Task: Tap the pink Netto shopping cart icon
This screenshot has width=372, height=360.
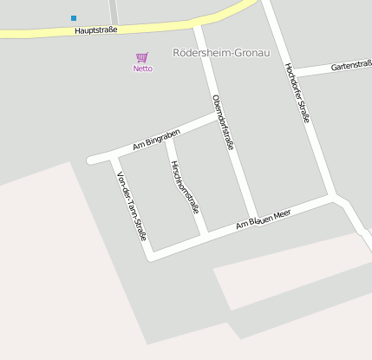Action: pyautogui.click(x=142, y=56)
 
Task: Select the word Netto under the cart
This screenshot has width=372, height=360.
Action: pyautogui.click(x=142, y=69)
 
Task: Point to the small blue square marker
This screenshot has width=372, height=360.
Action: pyautogui.click(x=74, y=17)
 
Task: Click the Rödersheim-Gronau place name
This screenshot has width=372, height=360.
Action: pyautogui.click(x=222, y=53)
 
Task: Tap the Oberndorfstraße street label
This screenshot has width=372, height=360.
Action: pyautogui.click(x=223, y=122)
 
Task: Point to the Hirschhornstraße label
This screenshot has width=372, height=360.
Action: pyautogui.click(x=186, y=187)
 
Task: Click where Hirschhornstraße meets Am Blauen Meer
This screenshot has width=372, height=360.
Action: pyautogui.click(x=204, y=234)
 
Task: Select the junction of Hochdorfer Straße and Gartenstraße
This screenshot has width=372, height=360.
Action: pyautogui.click(x=292, y=73)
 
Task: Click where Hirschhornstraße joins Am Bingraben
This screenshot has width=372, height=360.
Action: pyautogui.click(x=167, y=137)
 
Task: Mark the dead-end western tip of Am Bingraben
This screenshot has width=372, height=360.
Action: pyautogui.click(x=91, y=160)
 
